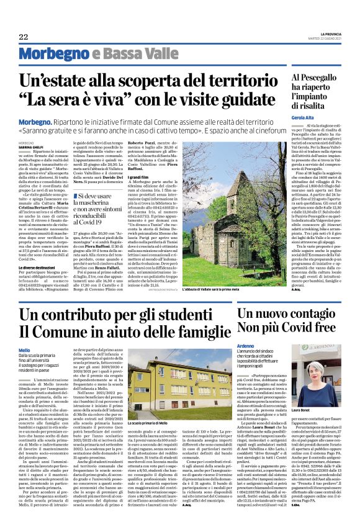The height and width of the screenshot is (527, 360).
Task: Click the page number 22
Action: point(23,37)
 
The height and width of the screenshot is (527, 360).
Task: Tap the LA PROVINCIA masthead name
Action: point(331,34)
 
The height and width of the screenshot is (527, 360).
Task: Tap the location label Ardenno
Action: point(247,346)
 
